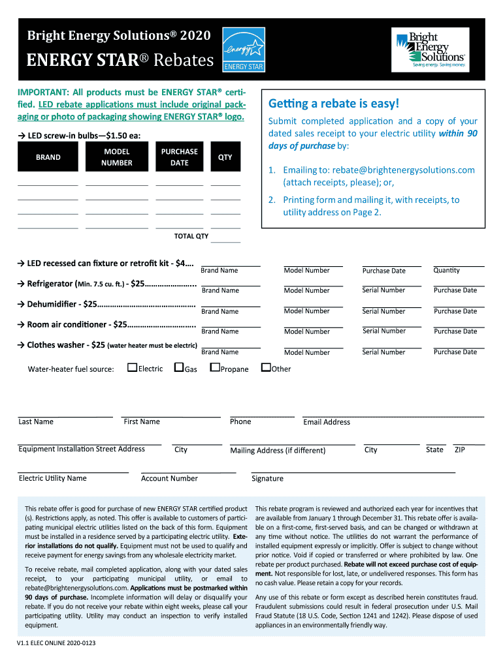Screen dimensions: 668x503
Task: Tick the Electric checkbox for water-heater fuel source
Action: [x=132, y=368]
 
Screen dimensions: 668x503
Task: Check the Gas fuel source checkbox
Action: [x=178, y=368]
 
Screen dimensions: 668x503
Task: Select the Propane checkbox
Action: [x=214, y=368]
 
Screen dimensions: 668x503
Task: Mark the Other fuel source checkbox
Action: [x=265, y=368]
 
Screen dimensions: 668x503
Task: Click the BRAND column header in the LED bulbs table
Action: [x=48, y=157]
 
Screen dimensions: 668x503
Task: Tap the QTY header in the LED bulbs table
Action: [x=225, y=157]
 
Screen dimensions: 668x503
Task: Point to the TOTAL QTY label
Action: [x=191, y=236]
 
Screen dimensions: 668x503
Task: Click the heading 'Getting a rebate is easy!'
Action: [x=333, y=104]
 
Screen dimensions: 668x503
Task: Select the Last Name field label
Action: [x=36, y=421]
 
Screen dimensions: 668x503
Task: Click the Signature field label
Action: [x=267, y=478]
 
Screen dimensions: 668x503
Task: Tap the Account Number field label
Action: [x=169, y=478]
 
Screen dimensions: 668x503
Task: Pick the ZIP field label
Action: [x=460, y=449]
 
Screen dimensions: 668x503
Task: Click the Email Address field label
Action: [x=327, y=422]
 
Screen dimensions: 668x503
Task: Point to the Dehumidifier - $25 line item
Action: [x=111, y=304]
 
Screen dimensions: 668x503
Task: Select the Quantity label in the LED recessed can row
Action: [x=446, y=270]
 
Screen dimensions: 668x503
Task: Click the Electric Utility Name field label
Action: [x=52, y=478]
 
